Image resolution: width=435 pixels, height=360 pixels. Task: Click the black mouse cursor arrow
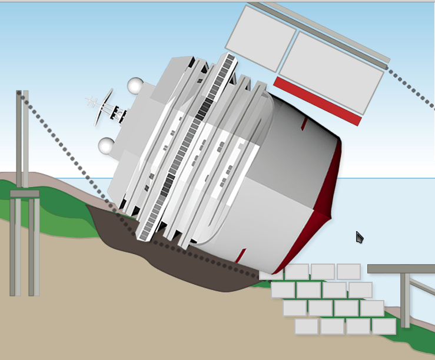point(359,237)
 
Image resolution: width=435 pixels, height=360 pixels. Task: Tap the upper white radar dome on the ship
point(136,86)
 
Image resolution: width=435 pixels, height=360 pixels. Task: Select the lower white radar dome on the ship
point(107,145)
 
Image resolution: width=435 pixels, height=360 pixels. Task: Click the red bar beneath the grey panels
point(317,101)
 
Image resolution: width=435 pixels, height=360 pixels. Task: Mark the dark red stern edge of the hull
point(330,188)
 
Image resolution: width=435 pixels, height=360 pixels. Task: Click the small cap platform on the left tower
point(25,194)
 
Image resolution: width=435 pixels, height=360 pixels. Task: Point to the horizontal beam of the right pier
point(400,269)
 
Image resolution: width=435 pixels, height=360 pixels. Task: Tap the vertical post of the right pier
point(405,300)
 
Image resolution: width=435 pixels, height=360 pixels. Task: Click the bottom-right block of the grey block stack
point(384,326)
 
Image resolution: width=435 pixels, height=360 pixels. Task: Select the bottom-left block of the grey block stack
point(306,326)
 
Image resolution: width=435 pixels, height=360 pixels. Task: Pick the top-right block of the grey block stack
point(348,272)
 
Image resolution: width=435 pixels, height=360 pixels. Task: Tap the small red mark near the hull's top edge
point(304,124)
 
